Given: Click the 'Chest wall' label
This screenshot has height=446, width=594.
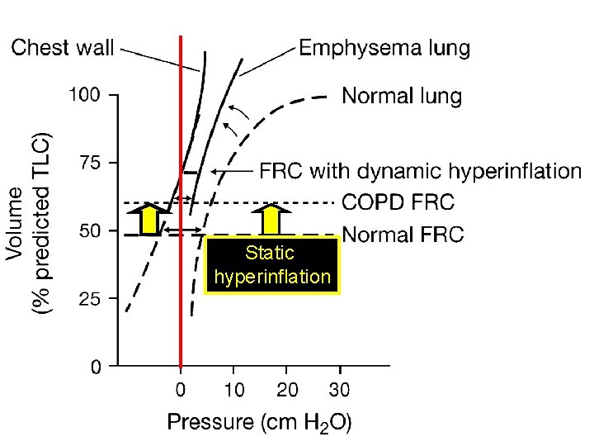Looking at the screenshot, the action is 62,48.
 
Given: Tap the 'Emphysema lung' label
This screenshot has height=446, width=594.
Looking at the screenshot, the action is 384,49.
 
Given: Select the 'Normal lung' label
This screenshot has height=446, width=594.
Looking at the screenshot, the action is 402,96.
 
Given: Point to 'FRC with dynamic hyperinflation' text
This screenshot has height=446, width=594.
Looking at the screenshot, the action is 421,171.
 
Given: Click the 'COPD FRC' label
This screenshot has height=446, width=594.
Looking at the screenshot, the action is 398,202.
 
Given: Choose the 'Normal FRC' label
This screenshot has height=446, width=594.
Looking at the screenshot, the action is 403,235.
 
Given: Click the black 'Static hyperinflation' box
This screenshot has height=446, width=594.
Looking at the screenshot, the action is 272,265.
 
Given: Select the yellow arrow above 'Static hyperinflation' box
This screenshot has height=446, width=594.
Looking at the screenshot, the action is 271,220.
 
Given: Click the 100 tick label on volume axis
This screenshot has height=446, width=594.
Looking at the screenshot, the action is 84,94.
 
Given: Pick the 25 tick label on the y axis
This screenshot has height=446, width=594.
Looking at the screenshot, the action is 90,299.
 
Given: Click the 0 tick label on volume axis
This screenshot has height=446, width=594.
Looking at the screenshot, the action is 96,367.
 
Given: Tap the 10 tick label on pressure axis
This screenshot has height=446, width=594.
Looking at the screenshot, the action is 234,390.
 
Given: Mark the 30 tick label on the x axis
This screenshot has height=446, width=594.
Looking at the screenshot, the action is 339,390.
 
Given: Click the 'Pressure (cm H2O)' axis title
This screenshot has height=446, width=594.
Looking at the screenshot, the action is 260,423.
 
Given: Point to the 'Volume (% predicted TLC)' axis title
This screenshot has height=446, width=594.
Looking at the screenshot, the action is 28,223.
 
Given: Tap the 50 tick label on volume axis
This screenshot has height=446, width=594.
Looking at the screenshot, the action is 90,230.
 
